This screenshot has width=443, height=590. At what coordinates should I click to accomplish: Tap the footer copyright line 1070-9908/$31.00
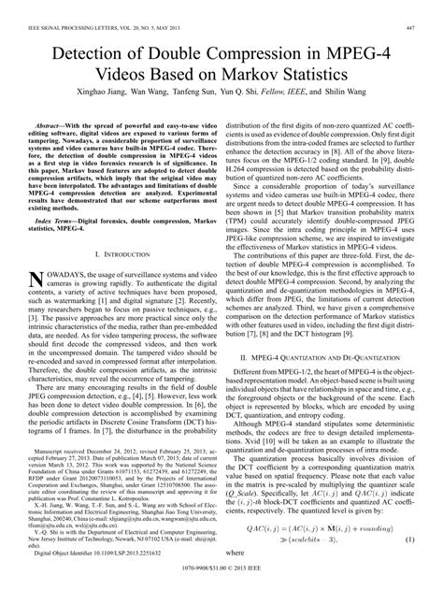(x=221, y=580)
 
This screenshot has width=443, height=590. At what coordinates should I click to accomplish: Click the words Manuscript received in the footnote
(x=66, y=476)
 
